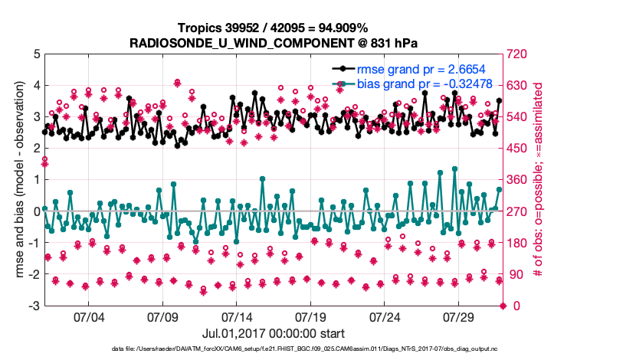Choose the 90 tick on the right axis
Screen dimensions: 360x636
click(516, 275)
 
